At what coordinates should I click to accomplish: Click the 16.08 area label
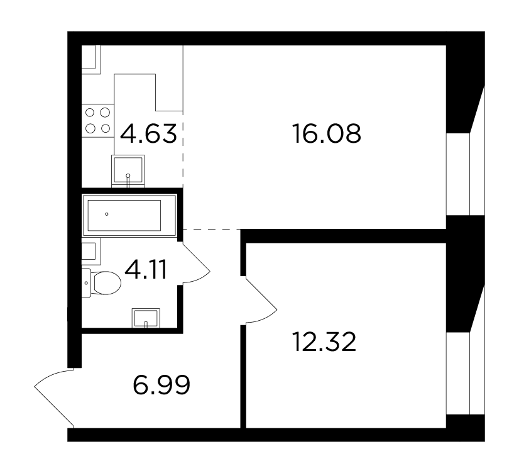pos(327,133)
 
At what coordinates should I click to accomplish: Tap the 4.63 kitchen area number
pos(148,133)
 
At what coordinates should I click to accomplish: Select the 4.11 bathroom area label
pos(146,270)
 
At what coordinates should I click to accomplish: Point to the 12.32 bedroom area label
pos(324,342)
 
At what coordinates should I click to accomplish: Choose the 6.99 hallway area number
pos(161,385)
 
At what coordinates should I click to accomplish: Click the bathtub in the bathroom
pos(129,215)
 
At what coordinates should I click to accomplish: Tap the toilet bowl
pos(107,283)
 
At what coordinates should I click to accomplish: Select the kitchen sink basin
pos(128,170)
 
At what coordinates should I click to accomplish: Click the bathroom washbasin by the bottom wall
pos(146,318)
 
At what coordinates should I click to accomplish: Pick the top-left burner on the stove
pos(90,113)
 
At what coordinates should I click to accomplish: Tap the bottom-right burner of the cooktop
pos(106,128)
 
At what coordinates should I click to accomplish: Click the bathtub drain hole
pos(107,214)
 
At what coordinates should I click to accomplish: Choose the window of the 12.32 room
pos(466,373)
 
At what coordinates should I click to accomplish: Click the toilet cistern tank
pos(86,283)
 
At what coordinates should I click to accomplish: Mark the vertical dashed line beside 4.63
pos(183,150)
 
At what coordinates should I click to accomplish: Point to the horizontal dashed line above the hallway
pos(212,229)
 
